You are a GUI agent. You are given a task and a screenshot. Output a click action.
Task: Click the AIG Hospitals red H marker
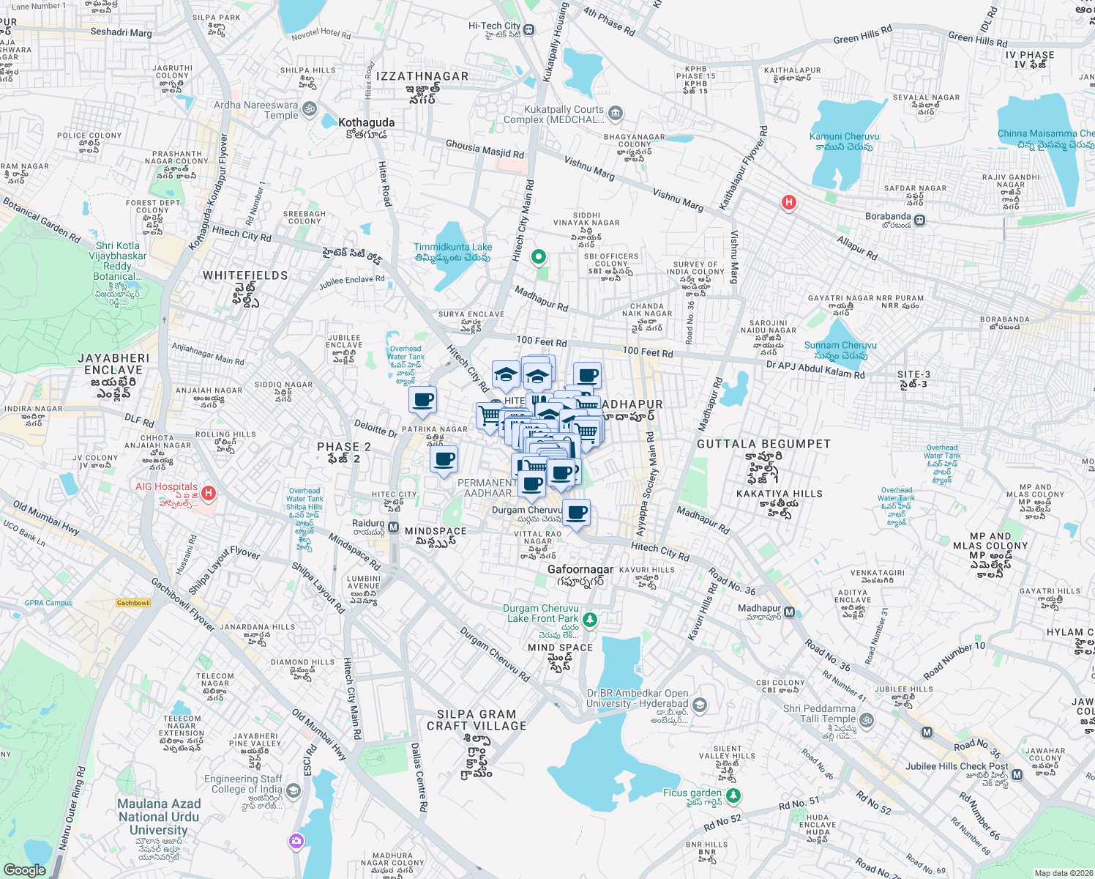(x=209, y=493)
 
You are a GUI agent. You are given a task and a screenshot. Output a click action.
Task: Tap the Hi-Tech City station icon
(x=529, y=30)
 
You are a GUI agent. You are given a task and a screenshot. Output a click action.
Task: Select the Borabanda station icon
(x=920, y=220)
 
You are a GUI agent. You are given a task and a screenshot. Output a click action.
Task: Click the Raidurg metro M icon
(x=393, y=527)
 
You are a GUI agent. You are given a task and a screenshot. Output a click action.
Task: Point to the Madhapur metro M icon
(x=789, y=612)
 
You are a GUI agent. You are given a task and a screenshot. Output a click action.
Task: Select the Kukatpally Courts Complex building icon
(x=616, y=113)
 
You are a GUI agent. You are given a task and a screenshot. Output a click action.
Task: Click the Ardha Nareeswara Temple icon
(x=310, y=110)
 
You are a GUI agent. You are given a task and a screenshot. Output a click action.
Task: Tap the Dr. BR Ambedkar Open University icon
(x=700, y=705)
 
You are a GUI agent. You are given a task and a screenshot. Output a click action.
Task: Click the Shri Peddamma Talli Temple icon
(x=866, y=719)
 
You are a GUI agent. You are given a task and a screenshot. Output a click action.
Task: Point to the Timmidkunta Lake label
(x=452, y=248)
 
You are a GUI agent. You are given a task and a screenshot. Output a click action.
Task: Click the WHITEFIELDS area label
(x=245, y=275)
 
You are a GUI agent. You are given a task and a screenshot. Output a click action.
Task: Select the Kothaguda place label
(x=366, y=123)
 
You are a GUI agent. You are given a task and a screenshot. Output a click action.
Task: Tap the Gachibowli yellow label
(x=133, y=603)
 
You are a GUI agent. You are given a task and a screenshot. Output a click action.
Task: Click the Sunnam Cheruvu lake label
(x=840, y=346)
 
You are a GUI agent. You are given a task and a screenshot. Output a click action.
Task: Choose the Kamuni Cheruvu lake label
(x=844, y=137)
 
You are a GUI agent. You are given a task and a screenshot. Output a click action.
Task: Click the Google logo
(x=24, y=869)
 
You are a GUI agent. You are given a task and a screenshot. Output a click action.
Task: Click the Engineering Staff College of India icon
(x=294, y=790)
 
